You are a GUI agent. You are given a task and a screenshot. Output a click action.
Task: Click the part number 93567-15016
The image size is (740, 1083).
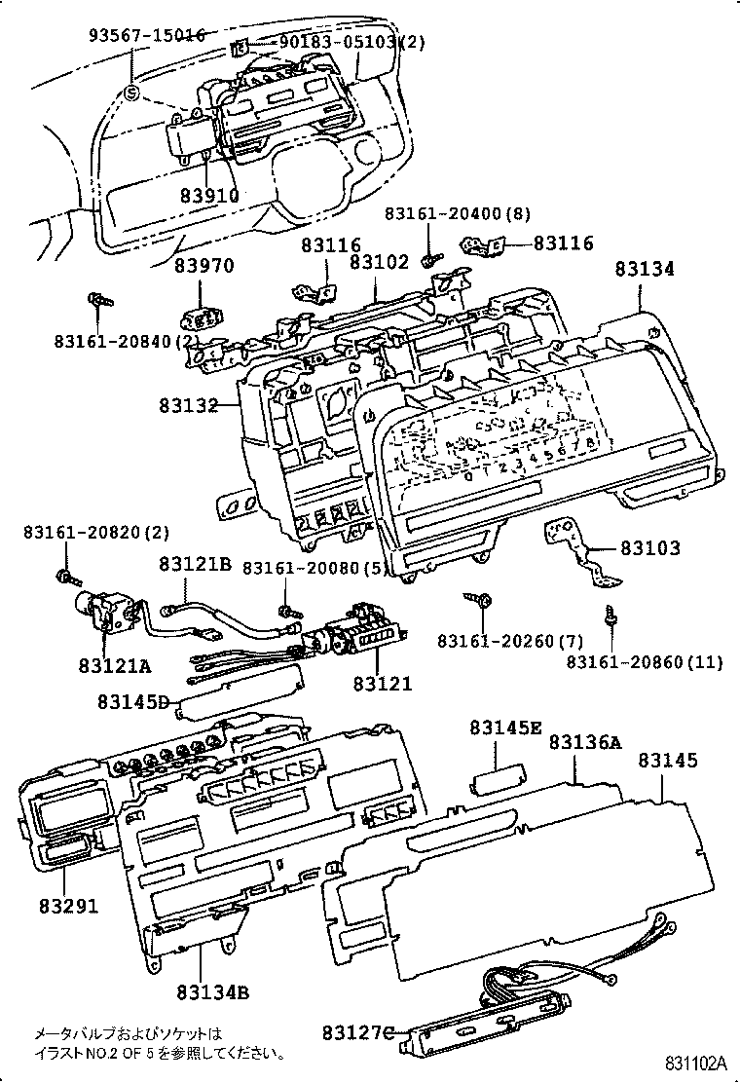(x=147, y=35)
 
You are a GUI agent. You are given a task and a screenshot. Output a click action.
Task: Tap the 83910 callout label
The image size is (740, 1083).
(x=208, y=195)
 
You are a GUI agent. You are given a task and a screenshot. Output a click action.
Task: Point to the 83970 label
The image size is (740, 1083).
(x=204, y=265)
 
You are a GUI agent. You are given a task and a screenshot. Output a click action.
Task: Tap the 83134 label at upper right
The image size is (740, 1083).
(x=644, y=270)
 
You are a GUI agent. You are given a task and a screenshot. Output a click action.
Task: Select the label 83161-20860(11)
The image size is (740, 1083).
(x=645, y=662)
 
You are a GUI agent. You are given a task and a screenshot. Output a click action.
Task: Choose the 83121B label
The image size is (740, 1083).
(x=195, y=564)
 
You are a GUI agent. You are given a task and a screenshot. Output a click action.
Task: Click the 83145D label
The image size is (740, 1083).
(x=133, y=701)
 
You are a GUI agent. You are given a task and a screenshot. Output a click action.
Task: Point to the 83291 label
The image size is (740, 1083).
(x=68, y=905)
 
